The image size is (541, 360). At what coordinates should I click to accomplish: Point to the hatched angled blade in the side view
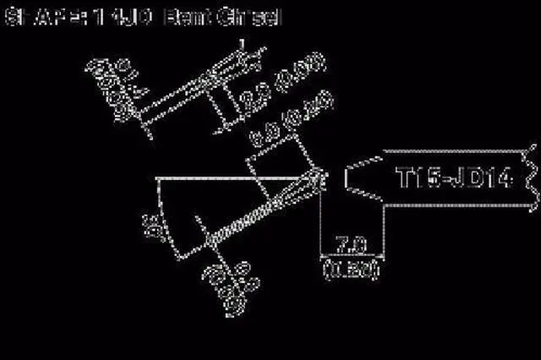[x=262, y=210]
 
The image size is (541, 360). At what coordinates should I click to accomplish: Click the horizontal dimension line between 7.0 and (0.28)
[x=351, y=256]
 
